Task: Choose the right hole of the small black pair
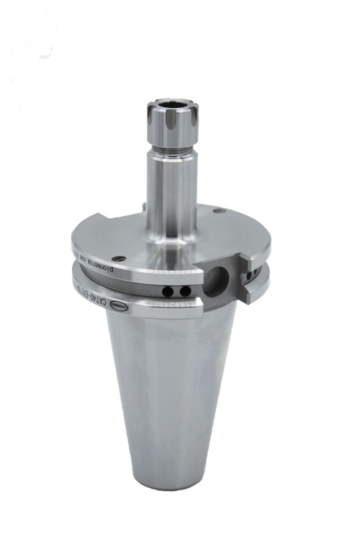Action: (180, 292)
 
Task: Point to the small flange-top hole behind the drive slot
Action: (217, 211)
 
